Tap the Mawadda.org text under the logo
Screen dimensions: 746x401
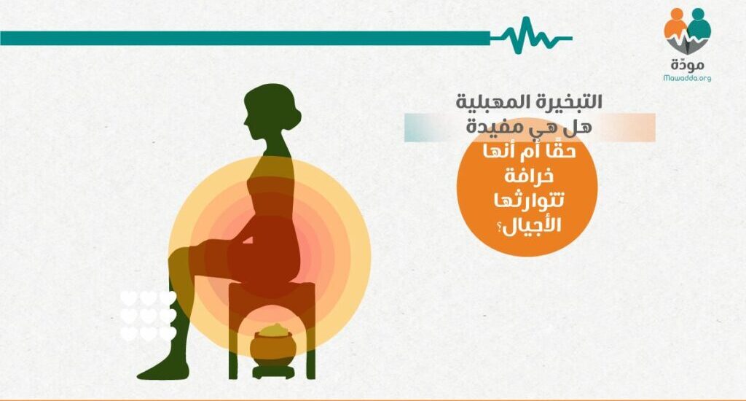point(687,77)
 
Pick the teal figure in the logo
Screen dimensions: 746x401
point(699,26)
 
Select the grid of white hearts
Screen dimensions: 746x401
point(148,316)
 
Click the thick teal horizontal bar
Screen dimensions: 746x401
point(245,38)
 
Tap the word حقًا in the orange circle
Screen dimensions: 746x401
point(562,152)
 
